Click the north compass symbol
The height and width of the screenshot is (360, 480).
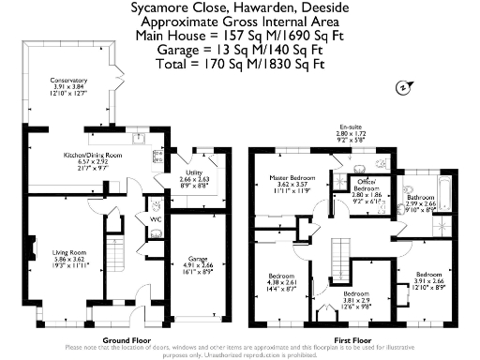click(402, 87)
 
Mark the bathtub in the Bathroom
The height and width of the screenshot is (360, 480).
click(446, 197)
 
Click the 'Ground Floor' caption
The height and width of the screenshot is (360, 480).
click(127, 338)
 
